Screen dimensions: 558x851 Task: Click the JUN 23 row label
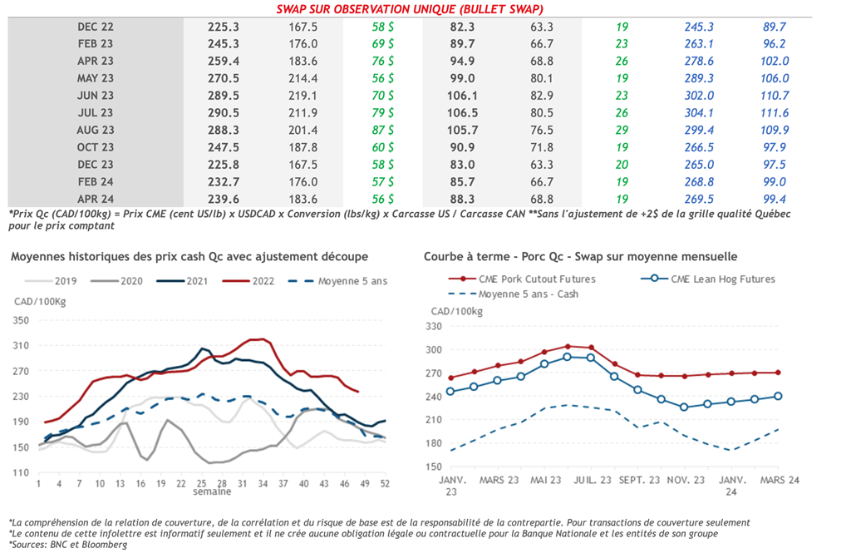point(96,95)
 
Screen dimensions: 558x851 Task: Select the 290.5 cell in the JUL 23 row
point(224,112)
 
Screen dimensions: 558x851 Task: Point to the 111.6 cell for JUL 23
point(775,112)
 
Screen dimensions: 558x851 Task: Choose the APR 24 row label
point(96,198)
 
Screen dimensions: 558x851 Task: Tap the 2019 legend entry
point(64,280)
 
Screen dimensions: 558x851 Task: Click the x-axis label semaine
point(211,492)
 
